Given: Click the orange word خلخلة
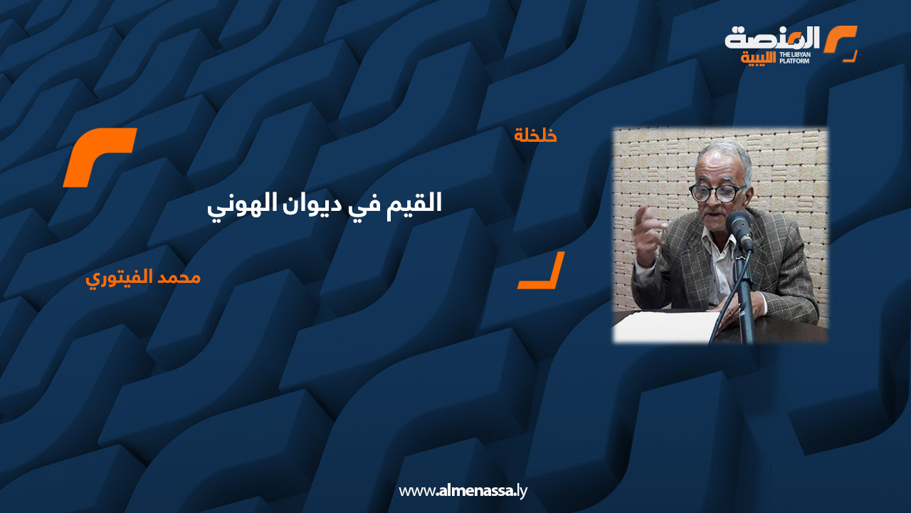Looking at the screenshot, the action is (535, 135).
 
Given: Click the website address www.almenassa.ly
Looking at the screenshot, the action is (463, 491).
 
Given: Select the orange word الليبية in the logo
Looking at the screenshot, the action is (758, 58).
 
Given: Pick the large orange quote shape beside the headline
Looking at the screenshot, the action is (100, 157).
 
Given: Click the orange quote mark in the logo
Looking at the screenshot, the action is (841, 39).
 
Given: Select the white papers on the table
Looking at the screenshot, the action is (665, 326).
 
